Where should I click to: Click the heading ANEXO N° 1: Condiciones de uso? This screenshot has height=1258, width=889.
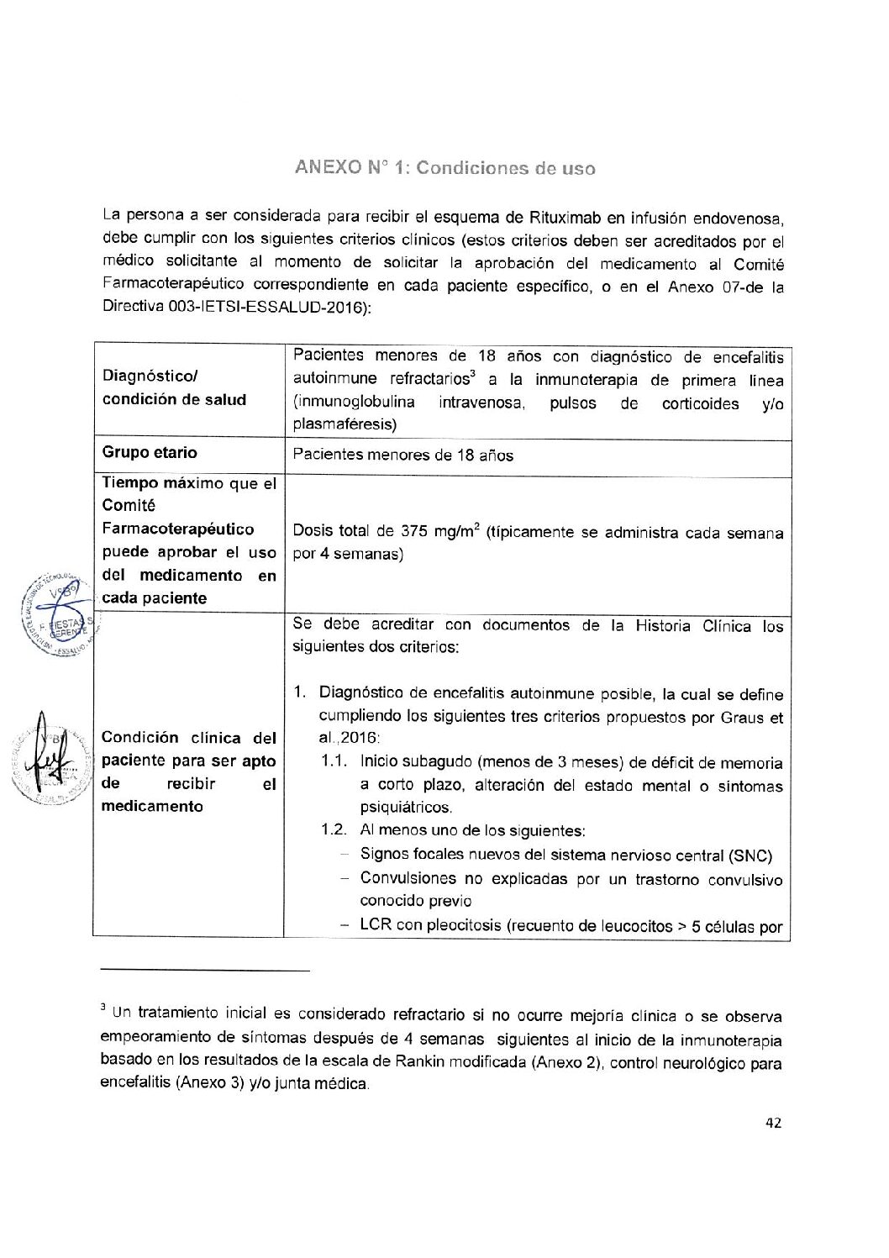coord(444,167)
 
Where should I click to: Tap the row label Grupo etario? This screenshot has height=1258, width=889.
coord(150,452)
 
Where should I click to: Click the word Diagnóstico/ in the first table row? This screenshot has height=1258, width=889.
coord(150,376)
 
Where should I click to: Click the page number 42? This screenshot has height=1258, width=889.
coord(774,1123)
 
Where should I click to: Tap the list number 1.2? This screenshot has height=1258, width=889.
coord(334,830)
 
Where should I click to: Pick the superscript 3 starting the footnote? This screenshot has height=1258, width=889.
coord(103,1008)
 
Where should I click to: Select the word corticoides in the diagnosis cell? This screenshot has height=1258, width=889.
coord(700,403)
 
